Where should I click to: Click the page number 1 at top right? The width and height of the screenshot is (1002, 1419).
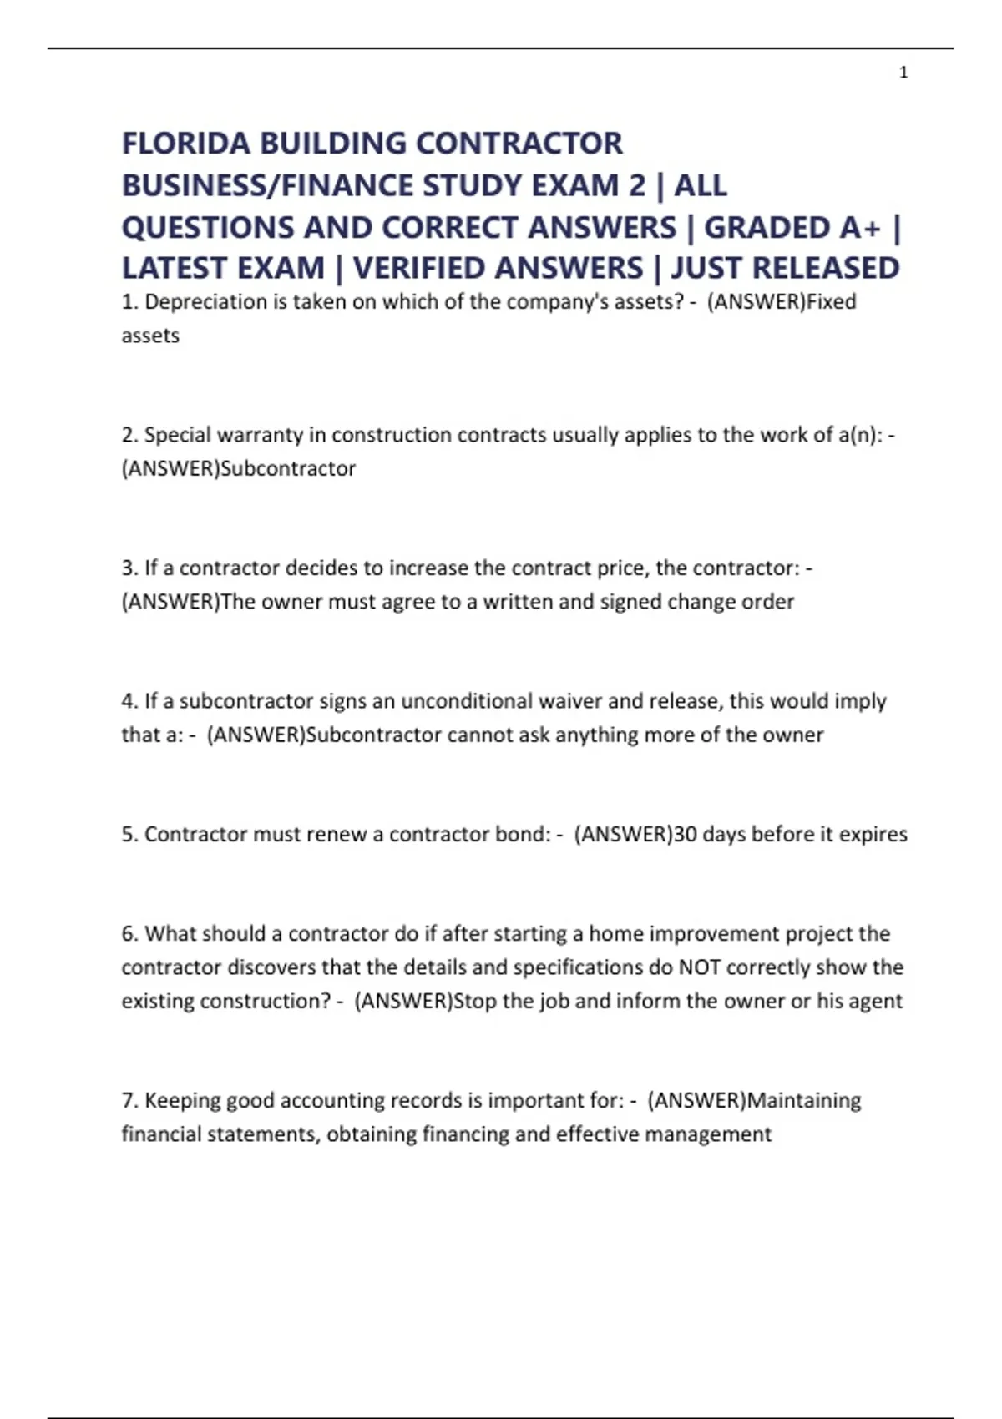903,73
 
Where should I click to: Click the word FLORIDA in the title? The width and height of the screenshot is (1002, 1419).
185,144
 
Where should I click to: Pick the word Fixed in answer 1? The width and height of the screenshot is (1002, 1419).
832,302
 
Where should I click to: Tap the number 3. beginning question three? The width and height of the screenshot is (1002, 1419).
129,568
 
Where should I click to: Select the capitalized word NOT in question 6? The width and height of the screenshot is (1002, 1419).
699,967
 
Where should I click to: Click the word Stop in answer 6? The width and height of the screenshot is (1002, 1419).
474,1001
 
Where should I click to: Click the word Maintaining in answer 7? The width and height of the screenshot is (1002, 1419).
803,1101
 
